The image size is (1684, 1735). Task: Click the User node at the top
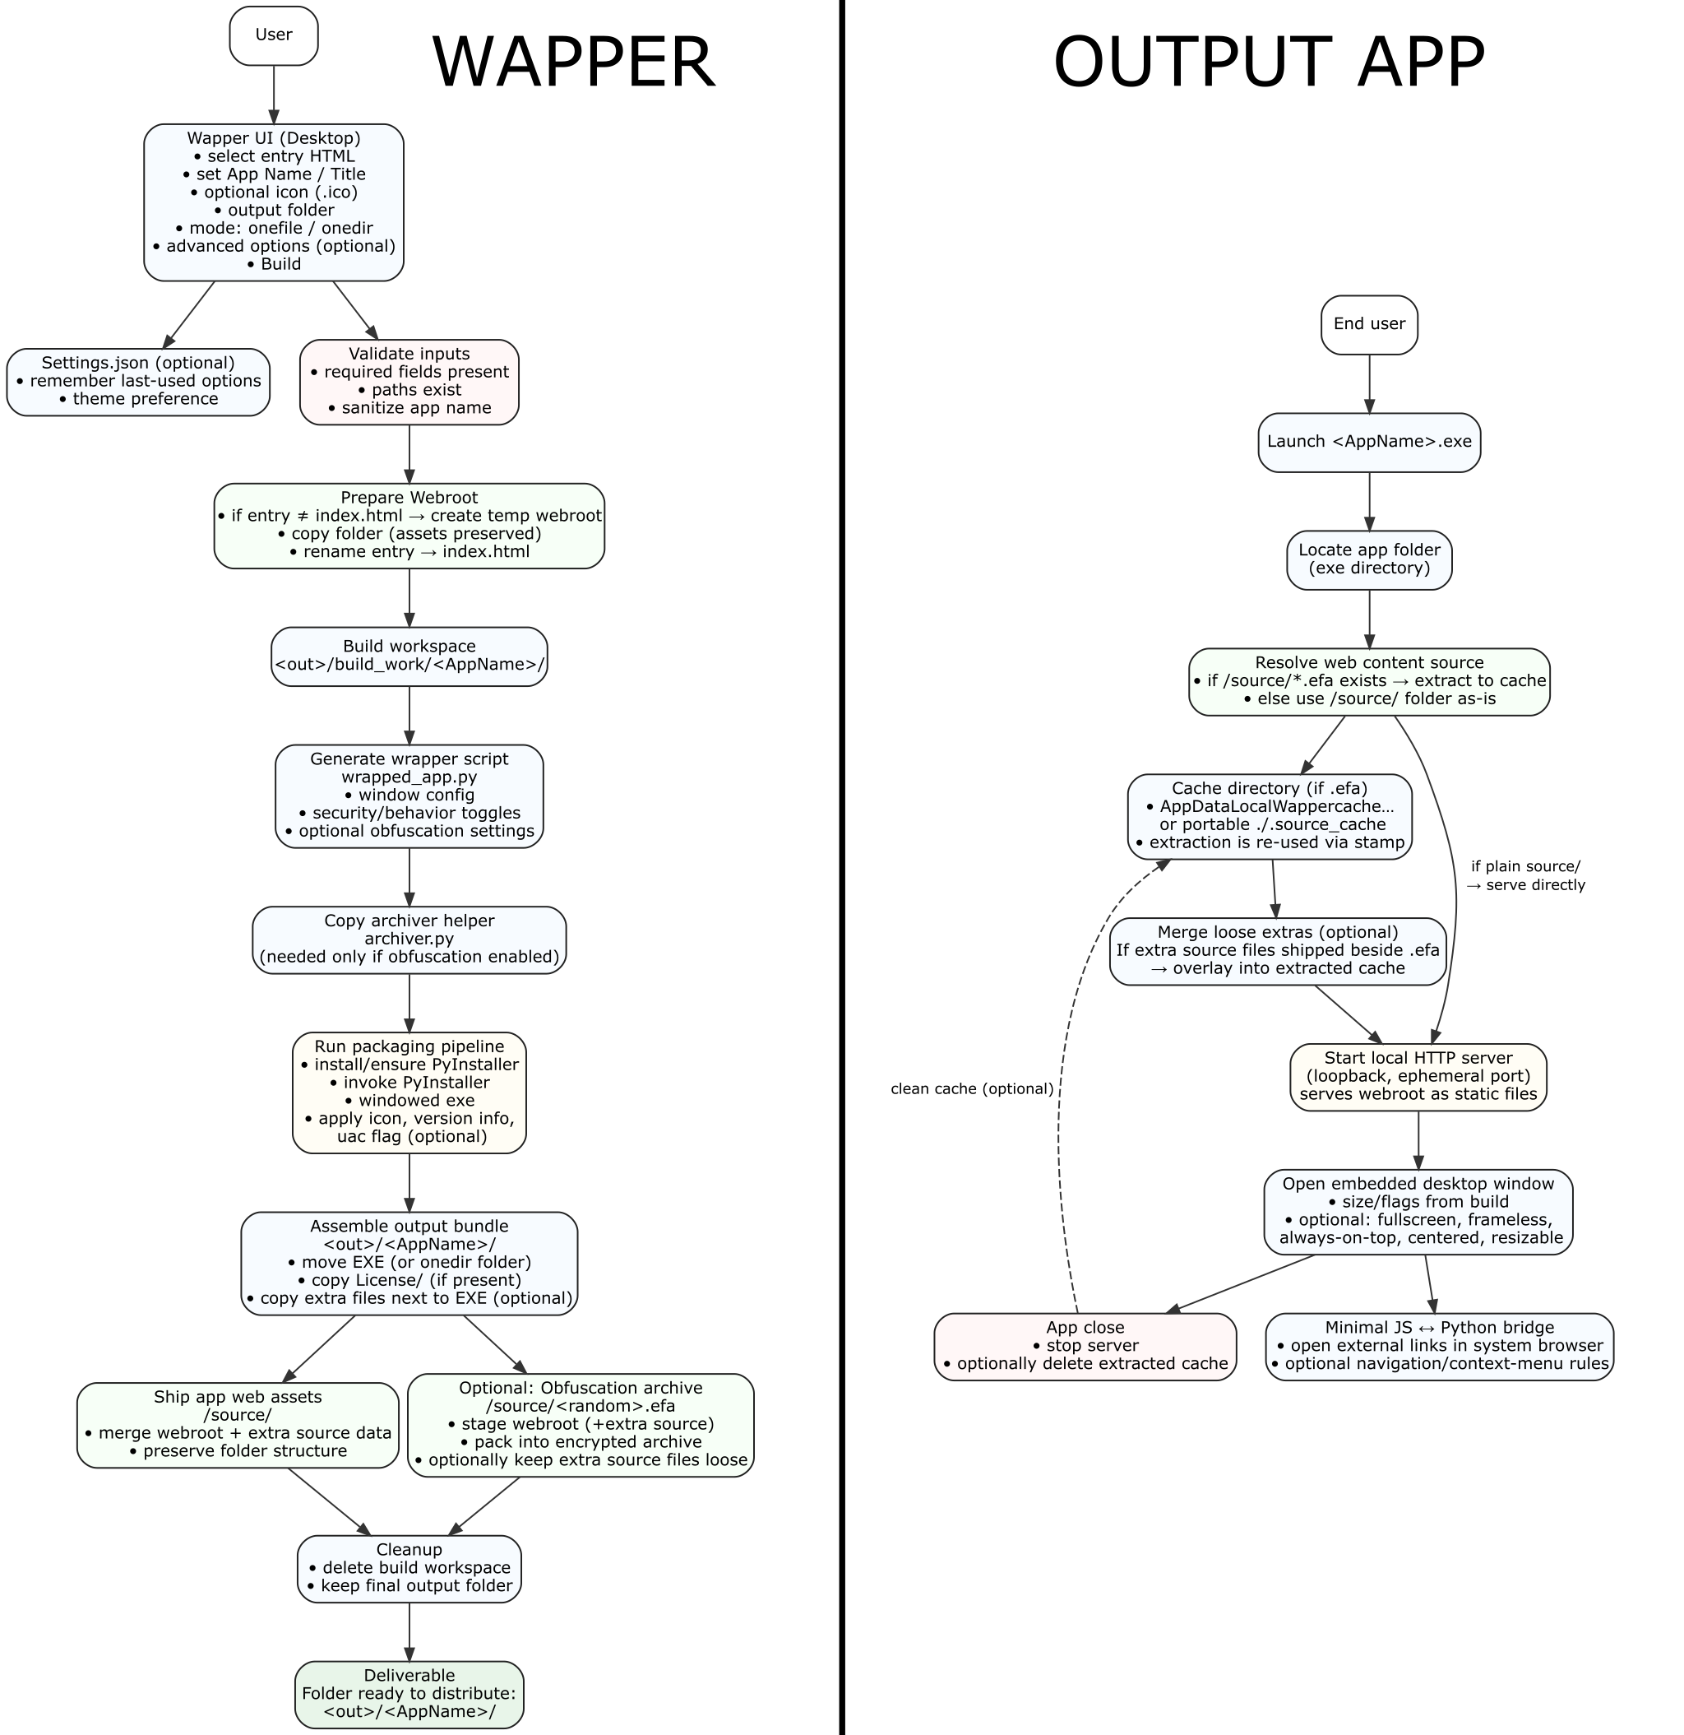pyautogui.click(x=274, y=35)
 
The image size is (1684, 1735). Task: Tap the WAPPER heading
pyautogui.click(x=572, y=62)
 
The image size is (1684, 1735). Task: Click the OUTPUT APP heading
pyautogui.click(x=1268, y=62)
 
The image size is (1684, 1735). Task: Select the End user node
pyautogui.click(x=1368, y=324)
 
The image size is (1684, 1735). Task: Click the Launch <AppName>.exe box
pyautogui.click(x=1368, y=442)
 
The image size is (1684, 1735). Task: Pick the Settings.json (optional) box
pyautogui.click(x=138, y=382)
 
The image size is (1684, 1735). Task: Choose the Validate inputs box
pyautogui.click(x=409, y=382)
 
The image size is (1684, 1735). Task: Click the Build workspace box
pyautogui.click(x=409, y=656)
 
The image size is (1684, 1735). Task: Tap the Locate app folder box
pyautogui.click(x=1368, y=559)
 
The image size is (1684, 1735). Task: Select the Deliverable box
pyautogui.click(x=409, y=1693)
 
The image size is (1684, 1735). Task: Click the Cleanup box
pyautogui.click(x=409, y=1568)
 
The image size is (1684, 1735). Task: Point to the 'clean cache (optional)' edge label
pyautogui.click(x=972, y=1089)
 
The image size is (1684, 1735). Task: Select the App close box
pyautogui.click(x=1085, y=1346)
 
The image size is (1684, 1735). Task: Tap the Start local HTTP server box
pyautogui.click(x=1418, y=1076)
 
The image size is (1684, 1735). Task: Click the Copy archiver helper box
pyautogui.click(x=409, y=939)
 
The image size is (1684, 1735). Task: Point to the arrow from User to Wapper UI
pyautogui.click(x=274, y=94)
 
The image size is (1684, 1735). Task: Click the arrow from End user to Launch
pyautogui.click(x=1368, y=383)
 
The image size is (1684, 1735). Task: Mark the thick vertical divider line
pyautogui.click(x=840, y=867)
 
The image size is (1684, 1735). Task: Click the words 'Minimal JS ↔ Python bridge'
pyautogui.click(x=1439, y=1328)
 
